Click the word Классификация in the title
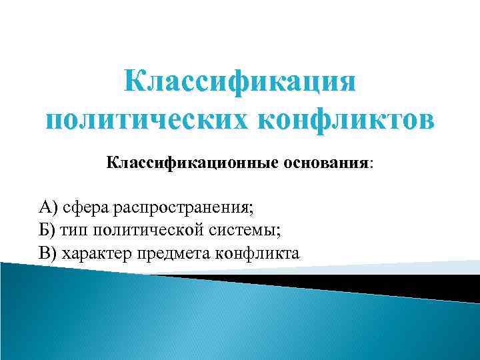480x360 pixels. [240, 85]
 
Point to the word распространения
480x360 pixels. [181, 208]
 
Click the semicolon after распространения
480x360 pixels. [252, 209]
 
